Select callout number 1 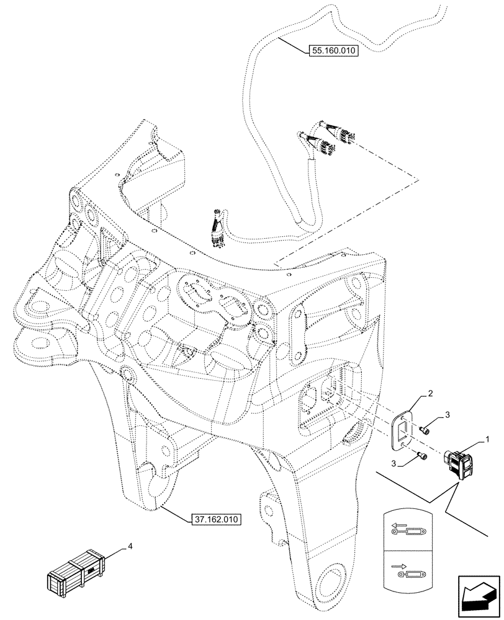coord(488,439)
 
